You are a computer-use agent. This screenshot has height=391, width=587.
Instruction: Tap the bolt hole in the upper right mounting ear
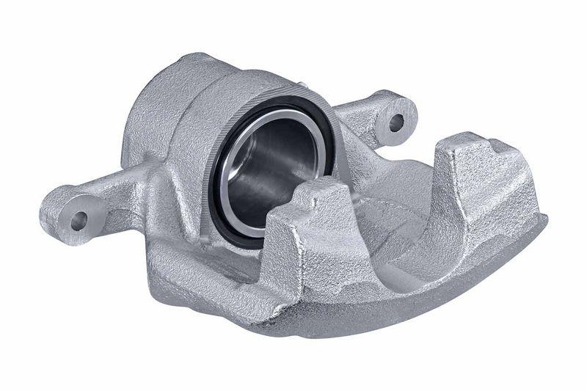[397, 122]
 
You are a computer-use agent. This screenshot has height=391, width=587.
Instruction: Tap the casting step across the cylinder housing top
[198, 81]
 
